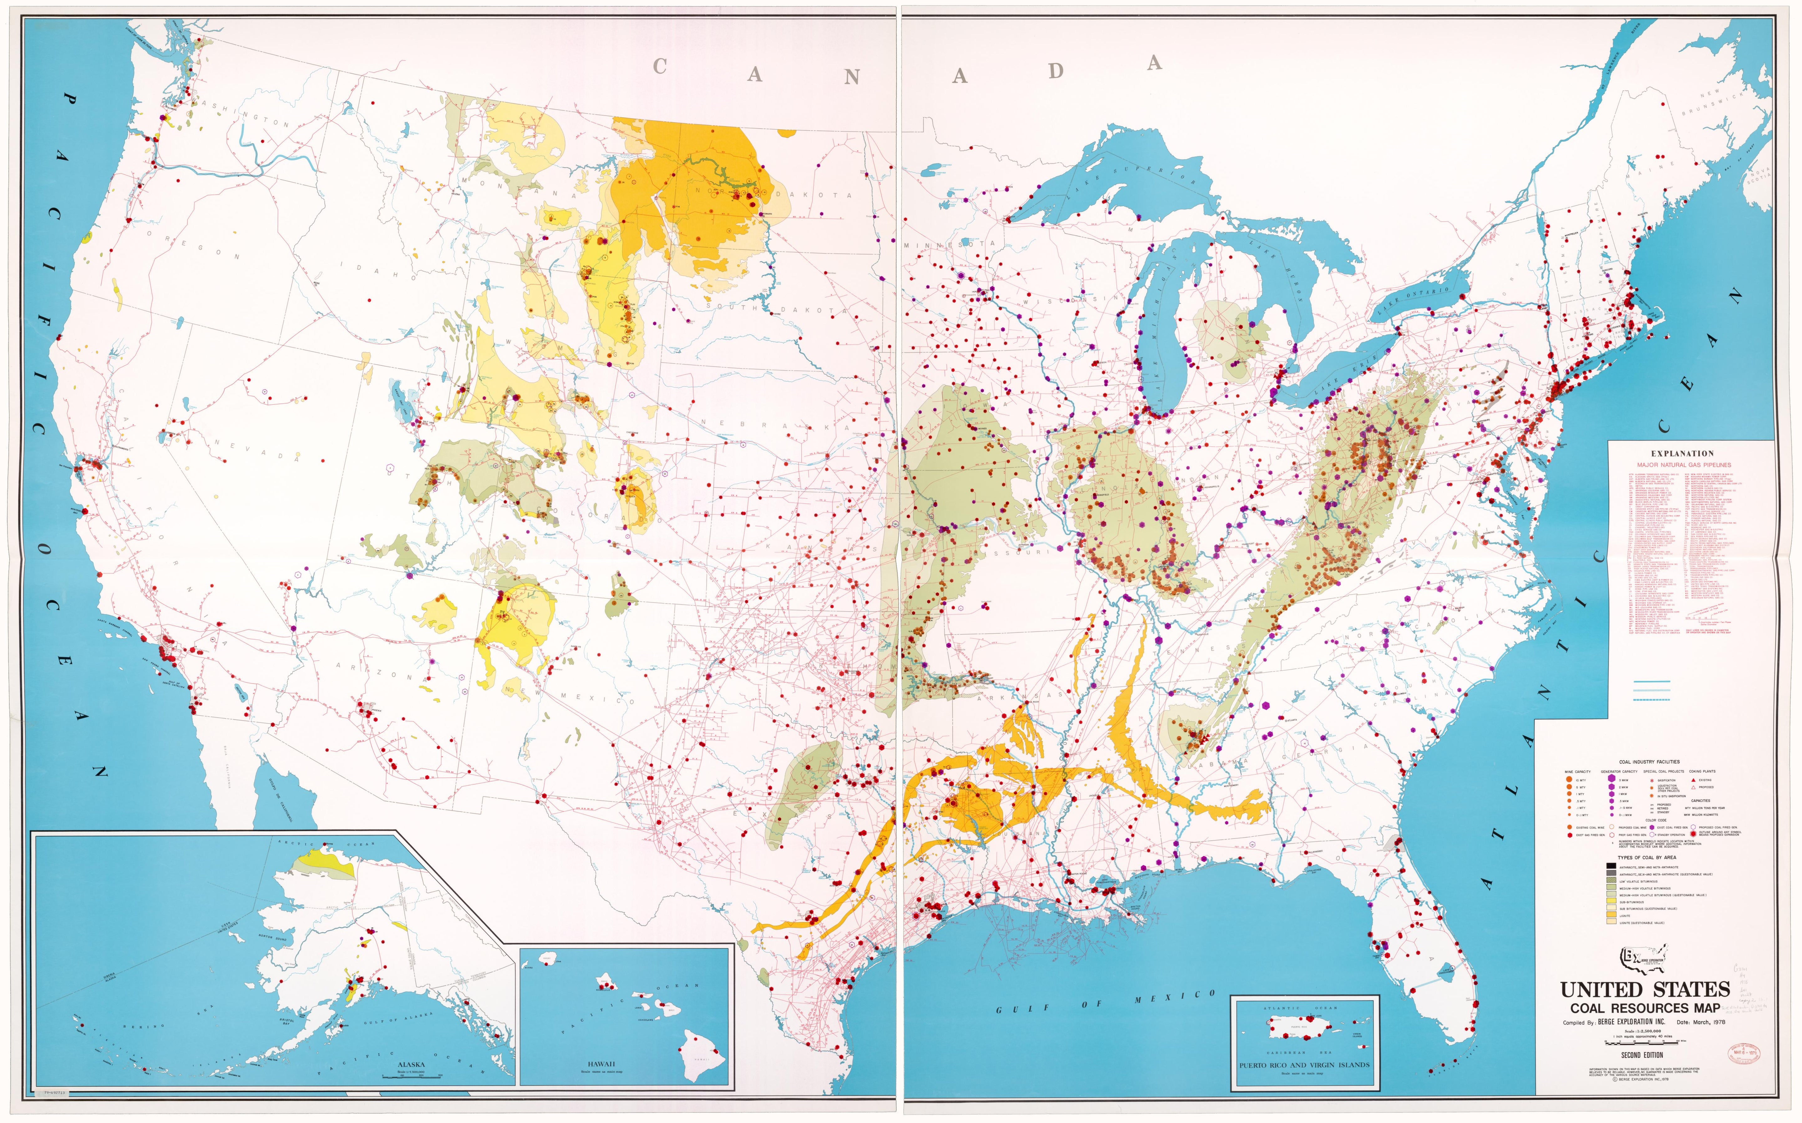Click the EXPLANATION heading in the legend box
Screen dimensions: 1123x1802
pyautogui.click(x=1682, y=453)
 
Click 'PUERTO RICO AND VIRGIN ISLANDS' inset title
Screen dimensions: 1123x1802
pyautogui.click(x=1305, y=1065)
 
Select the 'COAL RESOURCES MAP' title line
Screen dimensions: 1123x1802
pyautogui.click(x=1645, y=1008)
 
